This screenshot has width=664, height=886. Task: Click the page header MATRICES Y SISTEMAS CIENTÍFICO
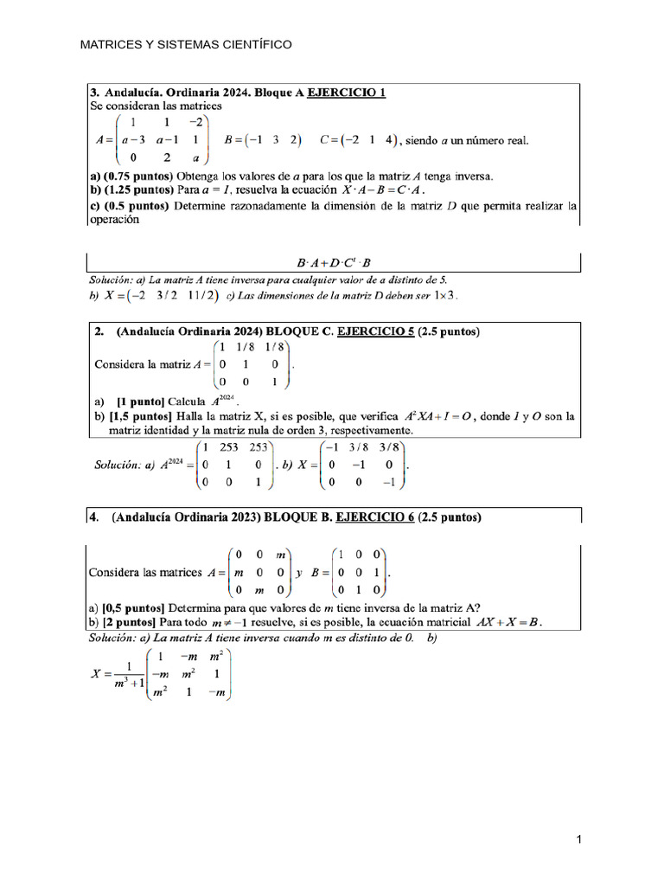pyautogui.click(x=186, y=44)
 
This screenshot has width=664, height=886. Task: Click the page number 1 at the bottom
pyautogui.click(x=579, y=839)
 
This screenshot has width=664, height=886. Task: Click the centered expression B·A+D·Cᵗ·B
pyautogui.click(x=334, y=262)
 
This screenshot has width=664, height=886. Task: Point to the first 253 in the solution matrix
pyautogui.click(x=228, y=447)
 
